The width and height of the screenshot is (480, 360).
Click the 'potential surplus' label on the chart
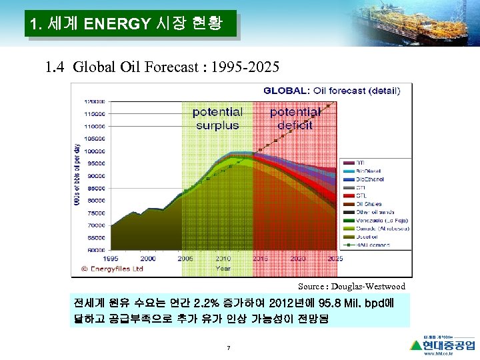(217, 119)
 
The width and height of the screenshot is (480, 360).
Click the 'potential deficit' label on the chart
(295, 119)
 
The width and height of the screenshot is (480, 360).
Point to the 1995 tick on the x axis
(111, 258)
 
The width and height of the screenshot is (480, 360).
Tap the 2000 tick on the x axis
(148, 258)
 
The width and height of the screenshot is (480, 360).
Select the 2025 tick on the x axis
(335, 258)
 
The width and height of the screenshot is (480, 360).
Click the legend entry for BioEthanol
(369, 179)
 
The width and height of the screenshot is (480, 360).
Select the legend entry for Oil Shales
(368, 204)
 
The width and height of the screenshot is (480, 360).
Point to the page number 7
(229, 347)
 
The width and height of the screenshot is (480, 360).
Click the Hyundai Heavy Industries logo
(443, 345)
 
